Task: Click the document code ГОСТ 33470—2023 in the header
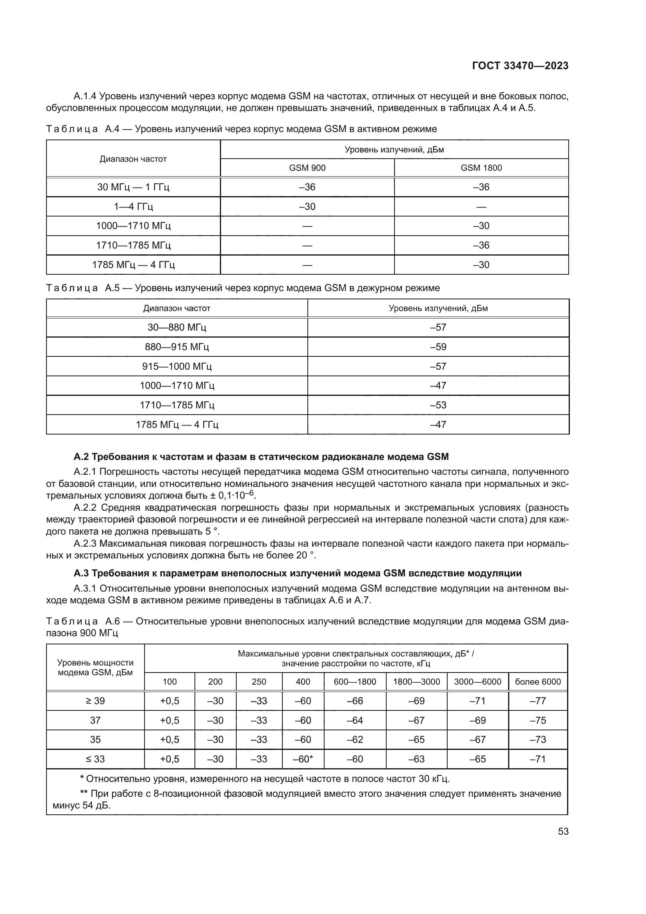[520, 66]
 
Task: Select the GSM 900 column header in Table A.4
[307, 168]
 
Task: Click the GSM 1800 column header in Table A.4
[481, 168]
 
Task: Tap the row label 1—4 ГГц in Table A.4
[133, 207]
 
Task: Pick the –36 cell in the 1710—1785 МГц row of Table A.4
[481, 245]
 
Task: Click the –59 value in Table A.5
[438, 347]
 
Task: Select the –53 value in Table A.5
[438, 405]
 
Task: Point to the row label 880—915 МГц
[177, 347]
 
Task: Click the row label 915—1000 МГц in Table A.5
[177, 366]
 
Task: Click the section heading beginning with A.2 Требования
[261, 456]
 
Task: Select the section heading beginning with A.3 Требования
[298, 573]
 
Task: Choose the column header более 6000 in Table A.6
[538, 681]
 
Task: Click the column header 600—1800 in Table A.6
[355, 681]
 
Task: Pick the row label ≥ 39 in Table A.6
[95, 701]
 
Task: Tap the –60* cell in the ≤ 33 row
[303, 759]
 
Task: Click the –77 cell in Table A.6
[538, 701]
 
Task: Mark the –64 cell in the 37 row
[355, 721]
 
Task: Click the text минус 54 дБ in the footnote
[82, 805]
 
